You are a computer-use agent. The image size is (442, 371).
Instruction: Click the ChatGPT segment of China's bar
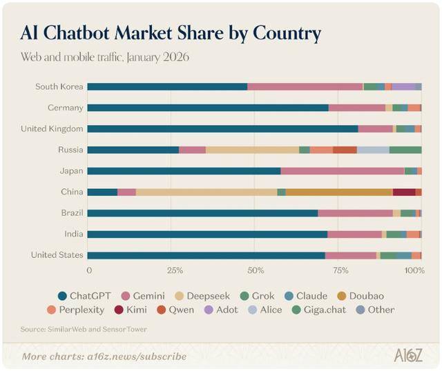(103, 192)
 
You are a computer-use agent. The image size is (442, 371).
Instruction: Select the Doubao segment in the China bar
(339, 192)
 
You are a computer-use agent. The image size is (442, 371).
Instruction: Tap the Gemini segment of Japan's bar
(343, 170)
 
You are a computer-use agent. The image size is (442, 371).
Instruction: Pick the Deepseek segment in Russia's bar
(252, 150)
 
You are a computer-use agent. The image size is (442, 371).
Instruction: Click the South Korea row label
(59, 86)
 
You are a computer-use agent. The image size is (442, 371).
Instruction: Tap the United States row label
(57, 255)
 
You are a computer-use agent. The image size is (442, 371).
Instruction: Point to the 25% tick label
(175, 271)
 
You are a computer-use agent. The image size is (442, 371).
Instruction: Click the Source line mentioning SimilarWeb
(83, 329)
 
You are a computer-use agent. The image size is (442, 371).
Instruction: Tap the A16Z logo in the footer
(407, 356)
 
